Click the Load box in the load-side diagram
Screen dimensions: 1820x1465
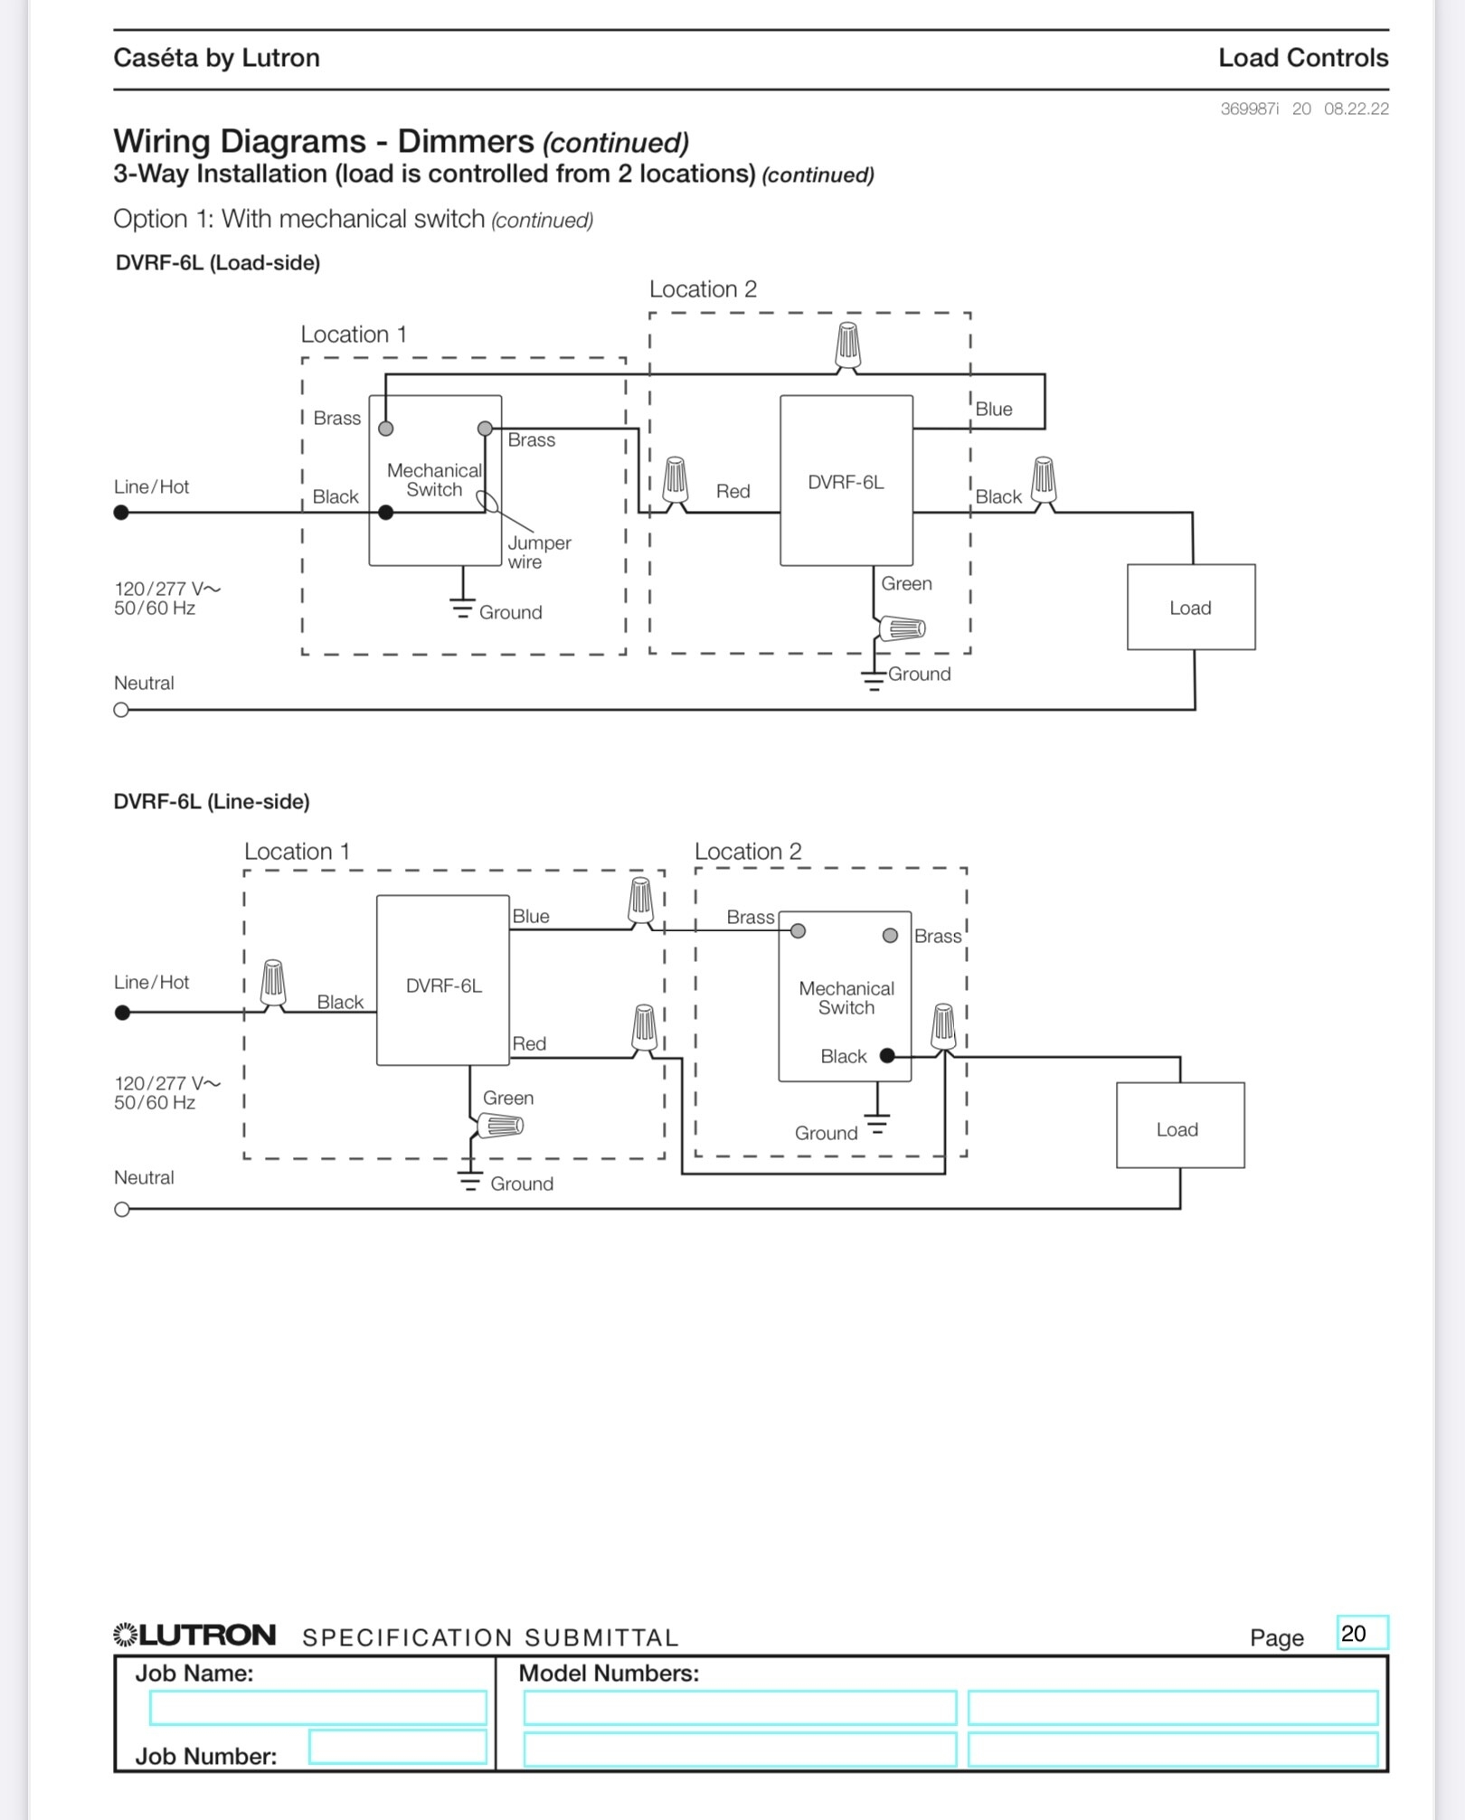pos(1190,607)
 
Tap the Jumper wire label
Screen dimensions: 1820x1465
pos(538,552)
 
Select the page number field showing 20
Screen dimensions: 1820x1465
pos(1362,1633)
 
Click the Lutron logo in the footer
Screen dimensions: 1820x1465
pos(194,1635)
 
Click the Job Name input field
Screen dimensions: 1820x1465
pos(317,1708)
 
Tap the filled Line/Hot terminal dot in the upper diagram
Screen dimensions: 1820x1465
pos(121,513)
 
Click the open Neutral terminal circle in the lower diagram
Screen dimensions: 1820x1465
pos(122,1210)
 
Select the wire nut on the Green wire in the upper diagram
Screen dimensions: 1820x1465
pos(902,627)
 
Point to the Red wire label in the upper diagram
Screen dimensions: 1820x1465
pos(732,491)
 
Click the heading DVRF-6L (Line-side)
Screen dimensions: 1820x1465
pos(212,801)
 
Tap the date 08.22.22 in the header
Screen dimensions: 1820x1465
pos(1356,108)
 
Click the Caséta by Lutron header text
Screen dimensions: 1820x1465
pos(216,58)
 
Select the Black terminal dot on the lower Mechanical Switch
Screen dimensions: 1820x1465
pos(887,1055)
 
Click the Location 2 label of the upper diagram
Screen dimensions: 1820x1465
pos(703,289)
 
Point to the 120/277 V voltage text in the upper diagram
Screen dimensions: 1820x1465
pos(167,589)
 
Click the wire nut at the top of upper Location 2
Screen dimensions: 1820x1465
pos(847,345)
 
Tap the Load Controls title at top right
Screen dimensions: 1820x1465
pos(1302,58)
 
